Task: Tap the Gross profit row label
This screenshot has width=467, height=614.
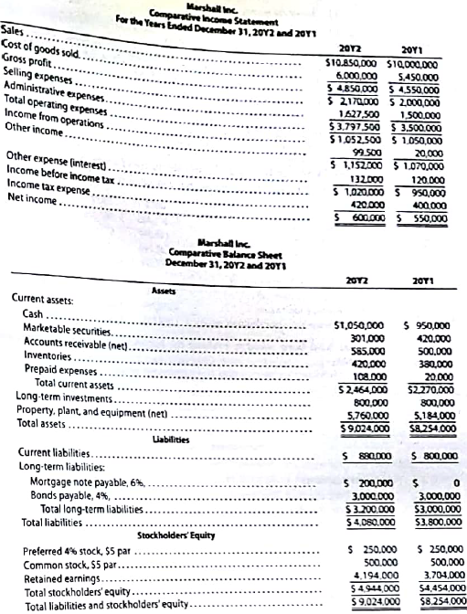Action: tap(32, 58)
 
